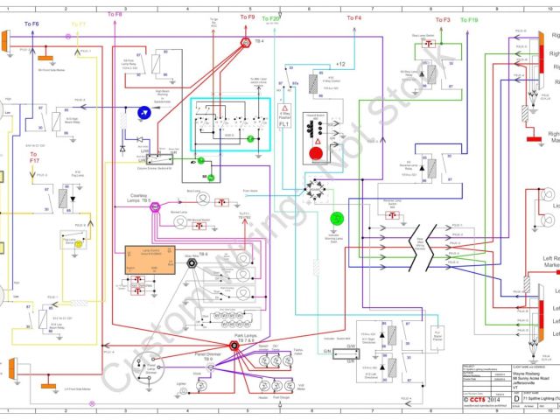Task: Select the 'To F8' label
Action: (115, 15)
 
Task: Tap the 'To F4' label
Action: (353, 18)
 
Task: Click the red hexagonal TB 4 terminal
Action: (246, 42)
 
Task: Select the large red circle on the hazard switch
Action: (316, 154)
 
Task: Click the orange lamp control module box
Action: (151, 259)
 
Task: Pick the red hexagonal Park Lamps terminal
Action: (235, 346)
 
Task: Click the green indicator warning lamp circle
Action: (336, 219)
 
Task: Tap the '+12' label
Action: (340, 65)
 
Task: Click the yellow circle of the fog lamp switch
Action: (77, 244)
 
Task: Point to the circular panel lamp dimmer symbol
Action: (158, 368)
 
